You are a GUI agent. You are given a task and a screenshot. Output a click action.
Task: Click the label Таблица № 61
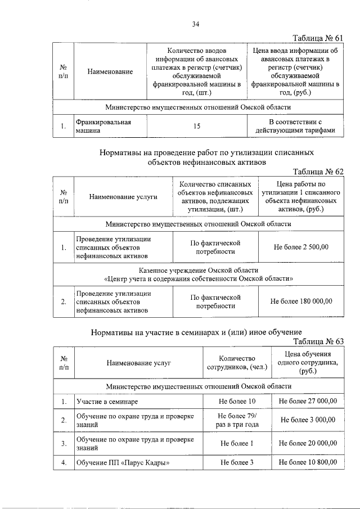click(318, 38)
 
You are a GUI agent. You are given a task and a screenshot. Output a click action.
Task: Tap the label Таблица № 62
click(318, 172)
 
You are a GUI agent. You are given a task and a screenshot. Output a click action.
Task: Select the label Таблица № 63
click(318, 341)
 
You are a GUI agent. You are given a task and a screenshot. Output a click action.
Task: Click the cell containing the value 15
click(197, 126)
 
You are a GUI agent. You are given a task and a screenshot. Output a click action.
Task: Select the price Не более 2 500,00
click(301, 246)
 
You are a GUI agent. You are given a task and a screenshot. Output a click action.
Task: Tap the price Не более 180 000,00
click(301, 301)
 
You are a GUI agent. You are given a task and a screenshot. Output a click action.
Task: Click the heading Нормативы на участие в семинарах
click(197, 332)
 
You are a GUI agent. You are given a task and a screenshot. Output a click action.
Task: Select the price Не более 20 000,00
click(308, 443)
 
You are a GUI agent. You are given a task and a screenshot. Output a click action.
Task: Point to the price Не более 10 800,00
click(308, 462)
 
